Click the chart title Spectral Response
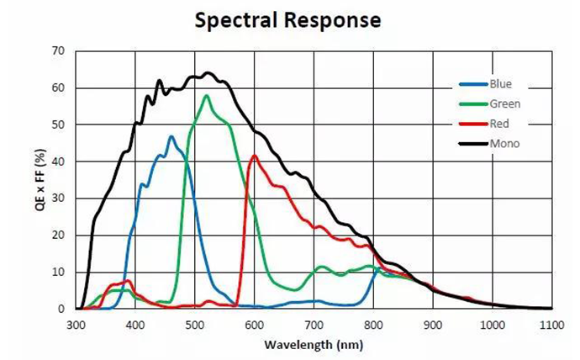pos(287,19)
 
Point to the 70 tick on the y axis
pos(58,51)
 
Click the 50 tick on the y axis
pos(58,124)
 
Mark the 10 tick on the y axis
pos(58,273)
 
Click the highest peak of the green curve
pos(207,95)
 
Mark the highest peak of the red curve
pos(254,155)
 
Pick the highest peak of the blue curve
pos(171,136)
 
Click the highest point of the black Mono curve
pos(207,72)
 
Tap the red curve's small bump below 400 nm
pos(128,281)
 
